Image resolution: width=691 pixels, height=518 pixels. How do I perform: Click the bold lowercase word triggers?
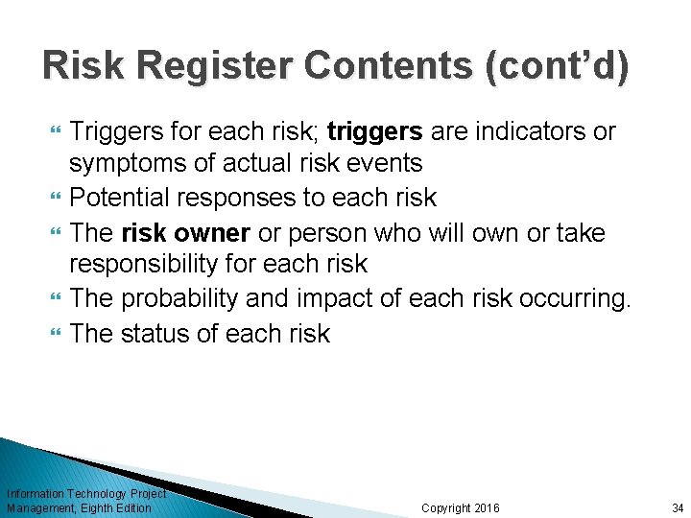point(374,131)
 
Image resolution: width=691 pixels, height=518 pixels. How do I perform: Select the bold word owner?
point(212,232)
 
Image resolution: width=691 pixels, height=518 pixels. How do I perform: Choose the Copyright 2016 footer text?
point(461,507)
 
